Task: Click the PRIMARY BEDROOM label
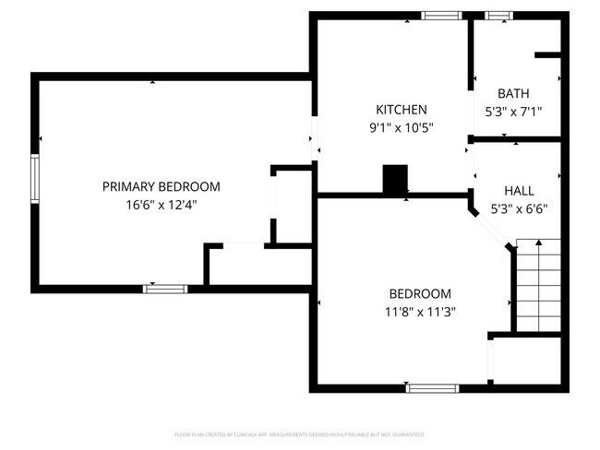pos(161,186)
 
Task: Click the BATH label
pos(512,93)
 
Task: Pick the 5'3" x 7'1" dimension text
pos(512,112)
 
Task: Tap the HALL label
pos(518,190)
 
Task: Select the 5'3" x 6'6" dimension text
pos(518,207)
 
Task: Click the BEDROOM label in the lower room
pos(419,293)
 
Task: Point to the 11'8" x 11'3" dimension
pos(419,312)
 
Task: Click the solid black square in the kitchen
pos(396,180)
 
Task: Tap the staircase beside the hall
pos(537,285)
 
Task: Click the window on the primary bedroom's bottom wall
pos(165,289)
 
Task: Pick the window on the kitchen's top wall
pos(442,15)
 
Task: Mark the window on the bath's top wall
pos(498,15)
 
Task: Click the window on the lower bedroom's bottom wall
pos(433,388)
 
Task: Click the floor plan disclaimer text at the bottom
pos(299,433)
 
